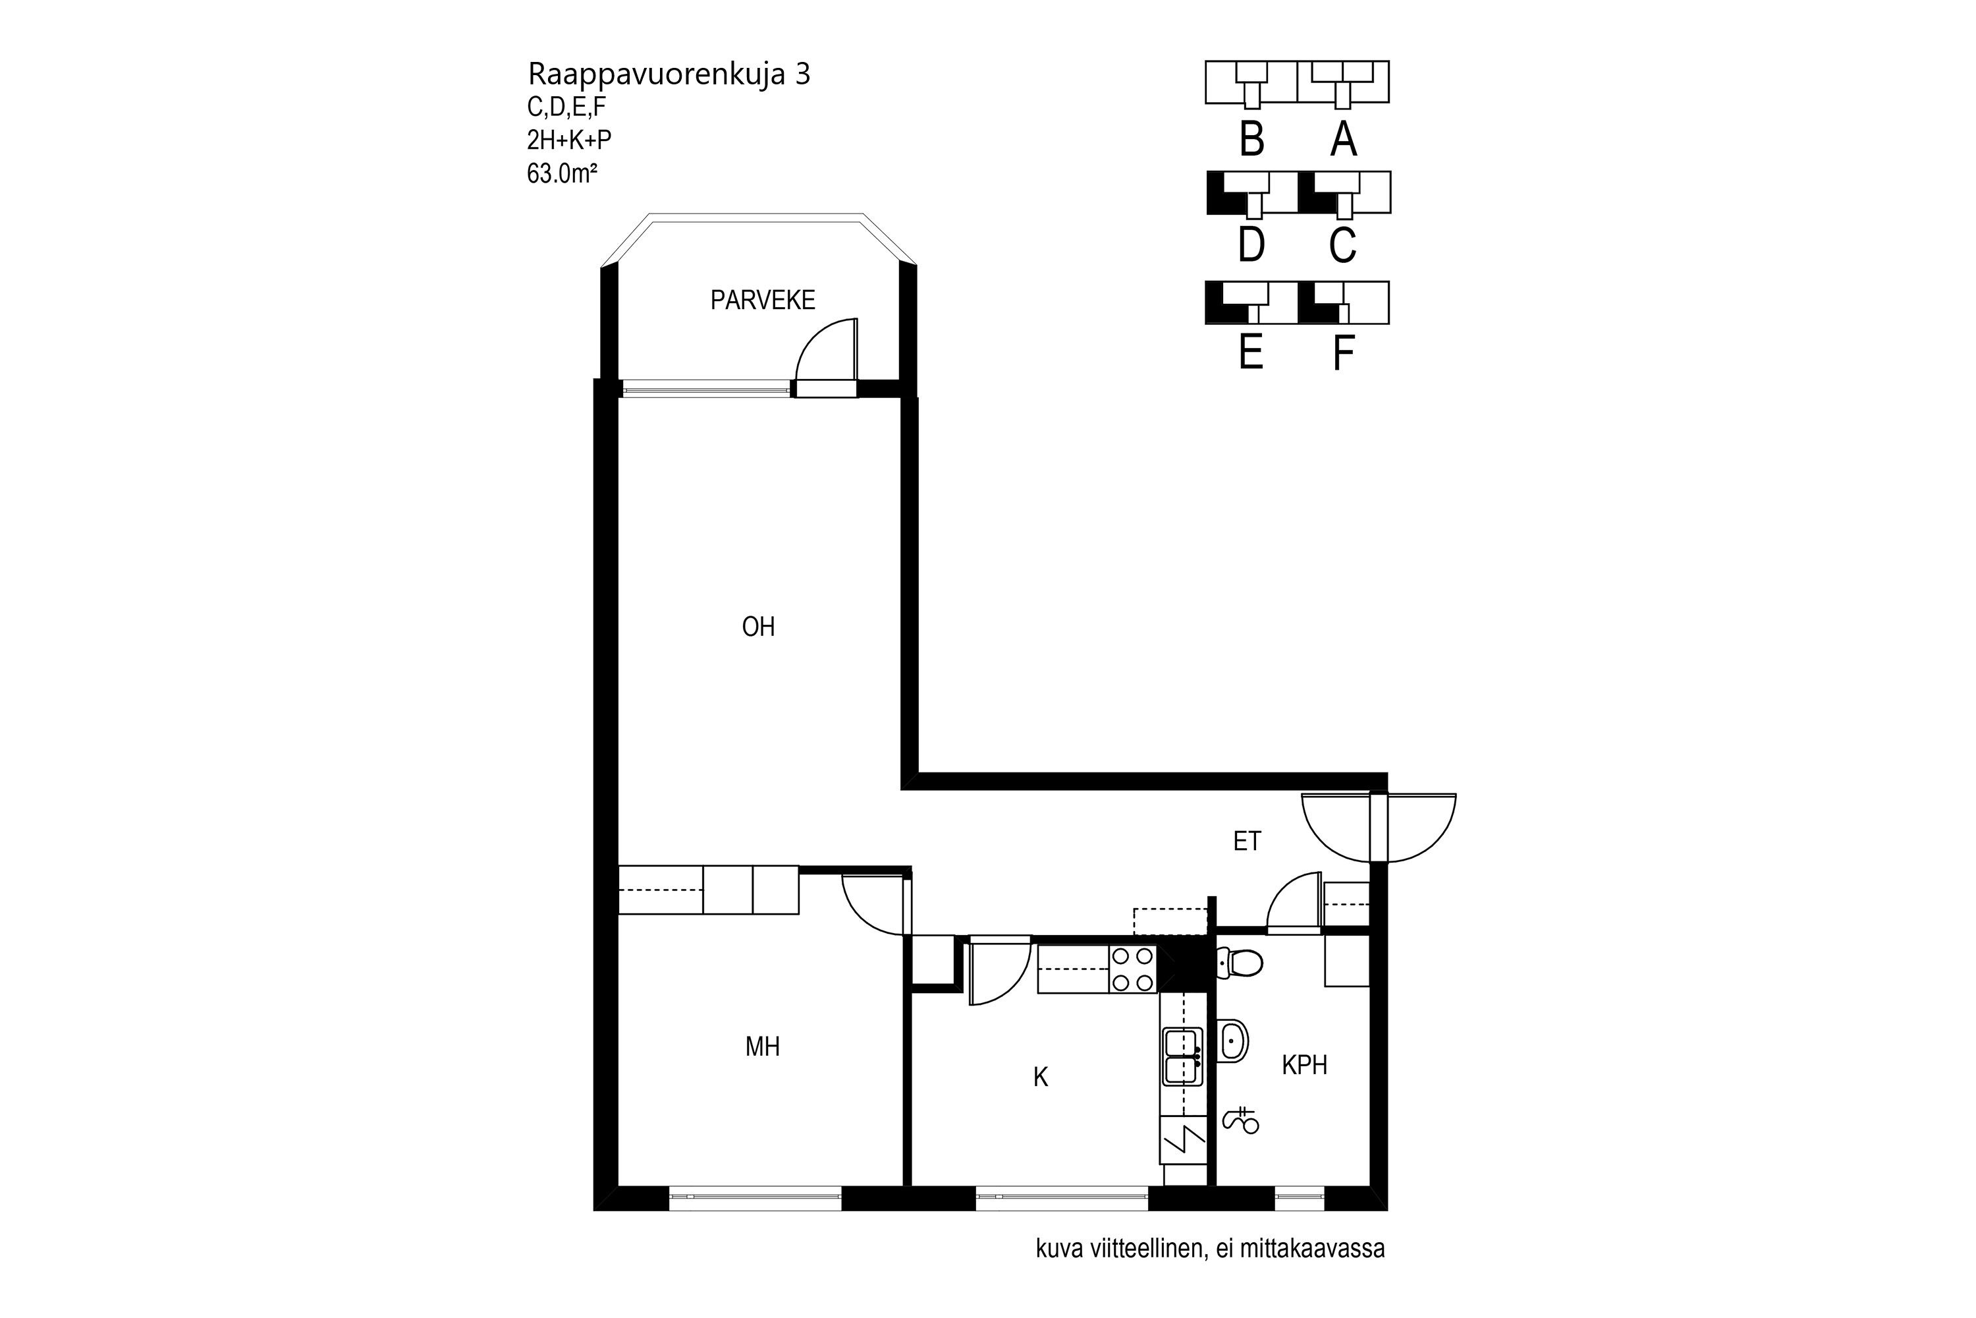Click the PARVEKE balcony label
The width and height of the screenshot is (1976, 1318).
pyautogui.click(x=762, y=300)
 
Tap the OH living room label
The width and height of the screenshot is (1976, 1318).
pyautogui.click(x=758, y=627)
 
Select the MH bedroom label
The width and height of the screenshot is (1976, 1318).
pyautogui.click(x=762, y=1046)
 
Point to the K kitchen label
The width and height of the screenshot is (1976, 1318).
pyautogui.click(x=1040, y=1077)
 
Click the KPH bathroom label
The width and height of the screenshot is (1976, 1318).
pyautogui.click(x=1304, y=1066)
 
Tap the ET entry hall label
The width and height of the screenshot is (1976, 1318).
pyautogui.click(x=1247, y=841)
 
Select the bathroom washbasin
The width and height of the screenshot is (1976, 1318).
pyautogui.click(x=1232, y=1041)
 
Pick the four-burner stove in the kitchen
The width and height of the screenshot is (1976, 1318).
pyautogui.click(x=1132, y=969)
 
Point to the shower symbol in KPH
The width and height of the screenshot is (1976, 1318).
pyautogui.click(x=1240, y=1122)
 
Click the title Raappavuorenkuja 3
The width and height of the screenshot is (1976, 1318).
pyautogui.click(x=669, y=74)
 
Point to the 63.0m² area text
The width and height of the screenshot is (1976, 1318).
pyautogui.click(x=562, y=173)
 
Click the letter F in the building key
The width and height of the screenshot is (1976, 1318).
pyautogui.click(x=1344, y=353)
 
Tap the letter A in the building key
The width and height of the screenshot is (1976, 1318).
pyautogui.click(x=1344, y=140)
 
